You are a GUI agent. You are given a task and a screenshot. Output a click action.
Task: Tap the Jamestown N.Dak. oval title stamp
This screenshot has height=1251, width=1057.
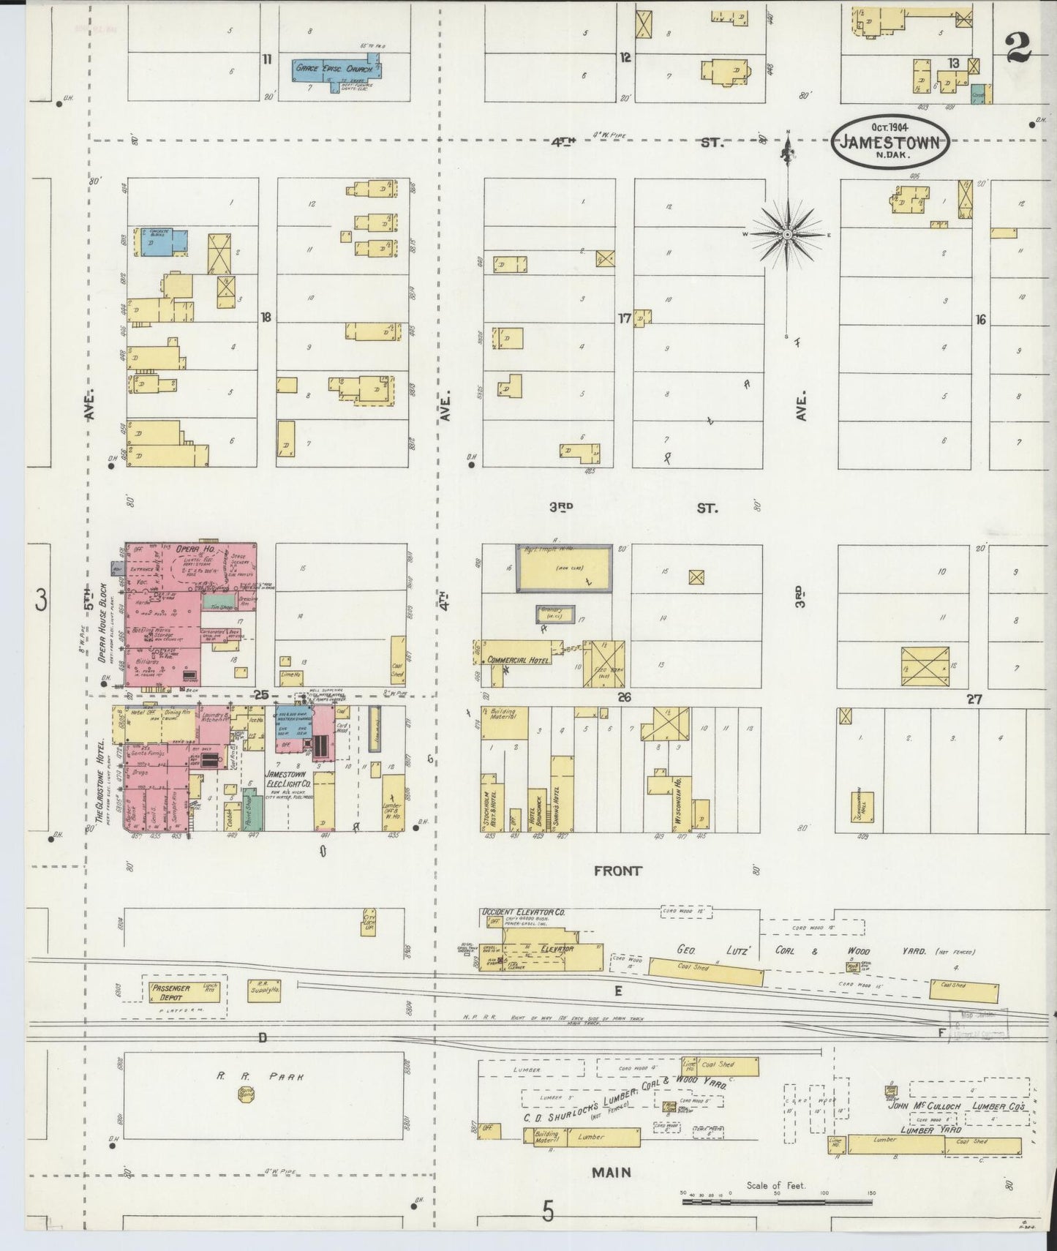point(890,142)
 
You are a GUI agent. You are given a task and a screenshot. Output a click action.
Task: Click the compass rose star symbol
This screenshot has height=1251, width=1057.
point(787,234)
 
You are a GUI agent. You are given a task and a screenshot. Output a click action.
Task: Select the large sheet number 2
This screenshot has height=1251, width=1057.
point(1018,48)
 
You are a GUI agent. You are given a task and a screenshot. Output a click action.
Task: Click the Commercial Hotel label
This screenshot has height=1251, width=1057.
point(518,660)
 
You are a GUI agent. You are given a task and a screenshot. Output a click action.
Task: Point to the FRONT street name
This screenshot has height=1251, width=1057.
point(618,871)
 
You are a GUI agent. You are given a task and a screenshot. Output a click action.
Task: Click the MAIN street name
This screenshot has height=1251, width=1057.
point(612,1172)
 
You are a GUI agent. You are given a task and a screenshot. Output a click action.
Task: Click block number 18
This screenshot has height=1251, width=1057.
point(266,317)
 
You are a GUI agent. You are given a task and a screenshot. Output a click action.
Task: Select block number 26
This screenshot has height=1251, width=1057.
point(624,697)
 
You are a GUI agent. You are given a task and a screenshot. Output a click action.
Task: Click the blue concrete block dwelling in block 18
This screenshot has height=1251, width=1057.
point(162,241)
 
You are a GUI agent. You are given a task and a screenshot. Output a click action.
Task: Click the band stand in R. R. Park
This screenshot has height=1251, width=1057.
point(246,1094)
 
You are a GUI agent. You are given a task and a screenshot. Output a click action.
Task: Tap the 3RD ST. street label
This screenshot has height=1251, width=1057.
point(629,507)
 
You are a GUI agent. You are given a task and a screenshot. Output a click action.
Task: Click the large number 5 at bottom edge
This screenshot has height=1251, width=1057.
point(548,1213)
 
